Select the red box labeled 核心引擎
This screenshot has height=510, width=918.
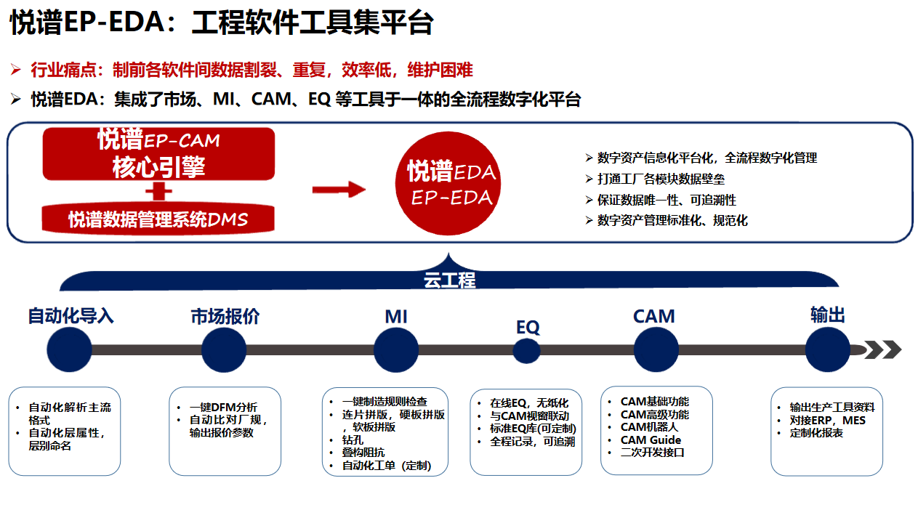(158, 154)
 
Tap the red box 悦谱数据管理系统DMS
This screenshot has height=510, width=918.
(158, 219)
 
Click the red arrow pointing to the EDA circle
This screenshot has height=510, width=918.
(338, 190)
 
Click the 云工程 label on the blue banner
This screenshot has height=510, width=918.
(449, 280)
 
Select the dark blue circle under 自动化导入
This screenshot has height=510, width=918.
(70, 349)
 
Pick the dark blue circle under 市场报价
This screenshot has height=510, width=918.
(224, 349)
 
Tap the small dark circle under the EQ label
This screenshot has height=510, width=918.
(527, 351)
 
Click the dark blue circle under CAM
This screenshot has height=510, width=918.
(656, 349)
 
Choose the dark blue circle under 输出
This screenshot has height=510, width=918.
(828, 349)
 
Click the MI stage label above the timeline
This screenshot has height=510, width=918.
(396, 317)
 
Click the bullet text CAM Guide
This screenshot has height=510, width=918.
(651, 440)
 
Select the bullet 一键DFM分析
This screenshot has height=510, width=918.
(223, 408)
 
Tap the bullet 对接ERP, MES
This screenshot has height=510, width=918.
(827, 420)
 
